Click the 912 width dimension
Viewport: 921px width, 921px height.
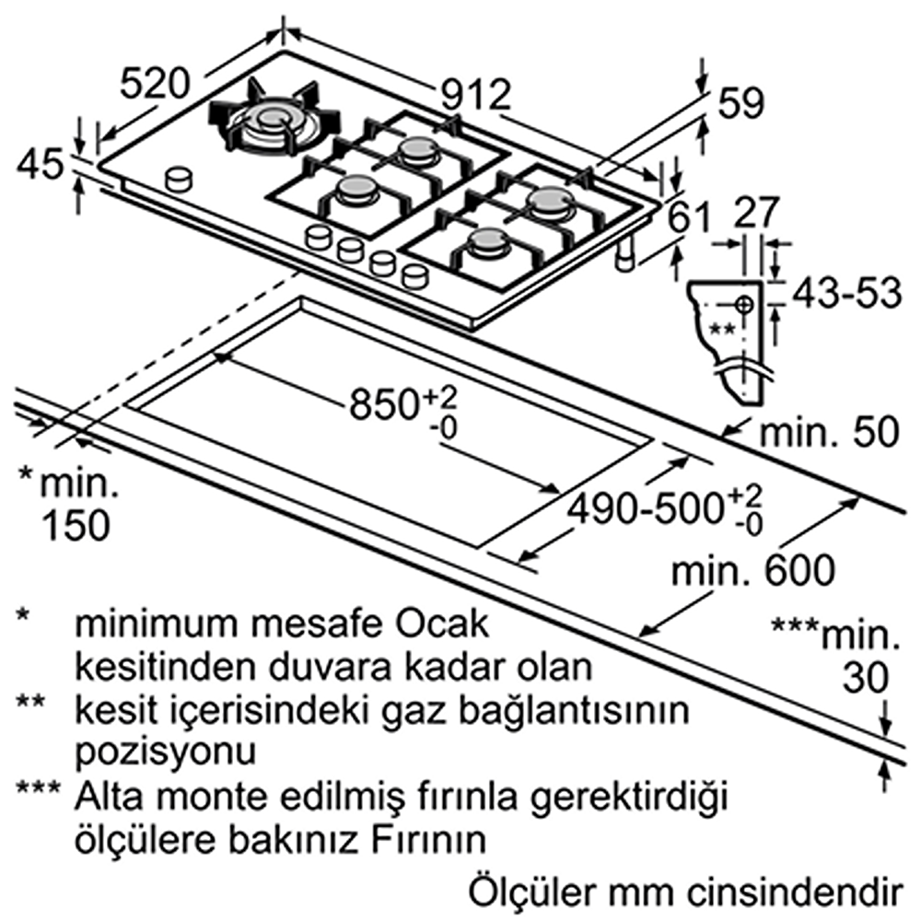(474, 94)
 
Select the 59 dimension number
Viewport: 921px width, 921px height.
(742, 104)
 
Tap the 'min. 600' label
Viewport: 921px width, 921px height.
(754, 571)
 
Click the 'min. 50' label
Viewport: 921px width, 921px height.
(828, 432)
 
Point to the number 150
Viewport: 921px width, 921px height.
(73, 524)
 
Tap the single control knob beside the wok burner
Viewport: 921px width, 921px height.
(179, 178)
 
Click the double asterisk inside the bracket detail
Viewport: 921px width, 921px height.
(722, 328)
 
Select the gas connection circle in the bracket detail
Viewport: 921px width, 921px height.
(744, 303)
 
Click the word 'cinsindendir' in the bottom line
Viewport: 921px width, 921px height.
(797, 891)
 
